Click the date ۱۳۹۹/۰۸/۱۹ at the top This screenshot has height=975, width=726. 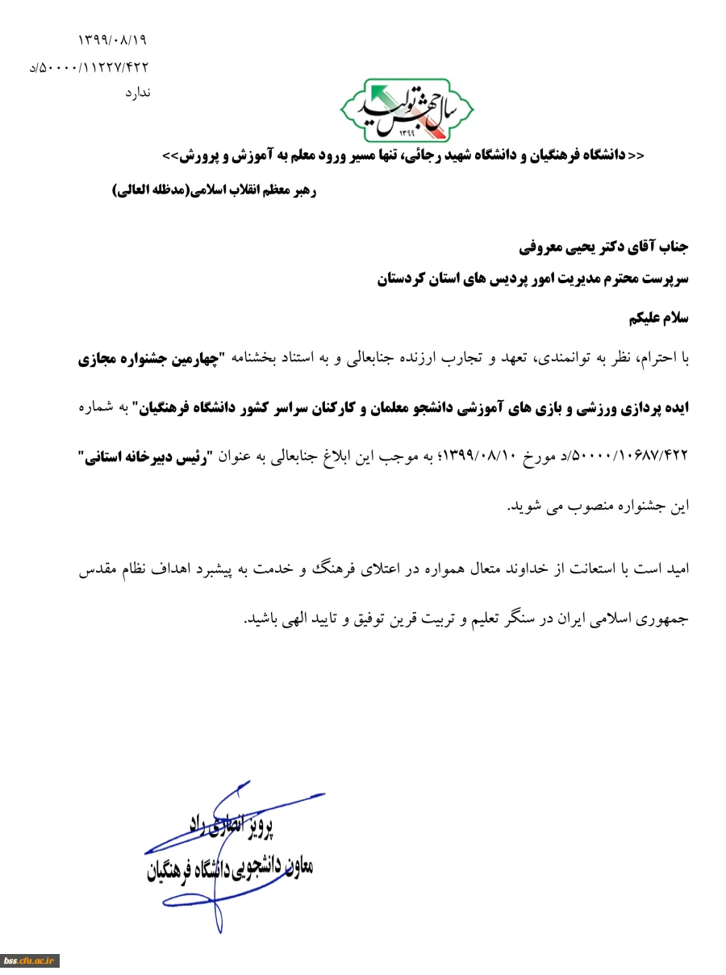coord(112,40)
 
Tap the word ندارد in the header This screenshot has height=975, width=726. coord(137,94)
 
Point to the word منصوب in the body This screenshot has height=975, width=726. coord(580,506)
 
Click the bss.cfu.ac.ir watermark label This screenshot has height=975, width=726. coord(29,960)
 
